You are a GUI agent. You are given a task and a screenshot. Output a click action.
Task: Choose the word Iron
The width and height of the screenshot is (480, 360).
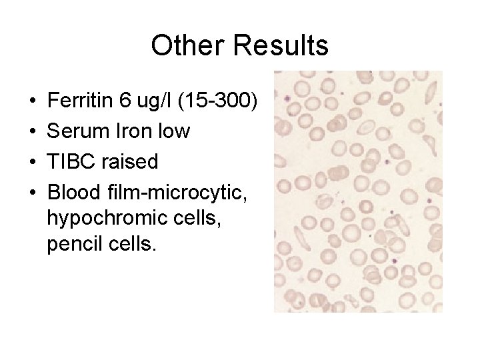pyautogui.click(x=136, y=131)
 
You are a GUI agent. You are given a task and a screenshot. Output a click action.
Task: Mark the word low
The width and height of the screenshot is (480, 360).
pyautogui.click(x=175, y=131)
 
